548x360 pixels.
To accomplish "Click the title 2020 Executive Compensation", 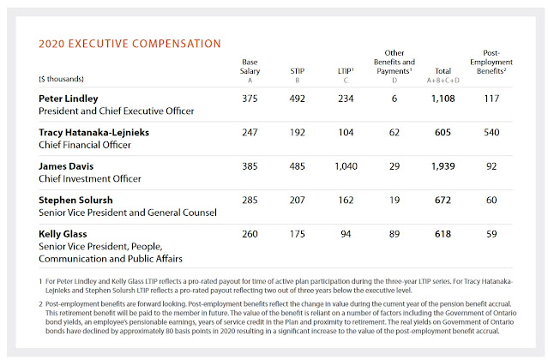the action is pyautogui.click(x=129, y=44).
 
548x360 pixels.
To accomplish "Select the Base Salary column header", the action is pyautogui.click(x=250, y=66).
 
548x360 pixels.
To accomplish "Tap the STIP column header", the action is pyautogui.click(x=297, y=71).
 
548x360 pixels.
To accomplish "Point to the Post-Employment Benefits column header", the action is pyautogui.click(x=491, y=62).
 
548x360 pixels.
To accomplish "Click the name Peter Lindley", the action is pyautogui.click(x=69, y=99).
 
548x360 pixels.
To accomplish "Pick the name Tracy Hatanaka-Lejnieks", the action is pyautogui.click(x=93, y=132).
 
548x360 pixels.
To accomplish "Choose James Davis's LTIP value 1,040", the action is pyautogui.click(x=346, y=166).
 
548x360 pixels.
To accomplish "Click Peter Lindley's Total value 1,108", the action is pyautogui.click(x=443, y=99).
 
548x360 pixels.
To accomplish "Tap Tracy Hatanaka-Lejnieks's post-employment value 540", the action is pyautogui.click(x=491, y=132).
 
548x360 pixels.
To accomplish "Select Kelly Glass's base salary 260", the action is pyautogui.click(x=250, y=234).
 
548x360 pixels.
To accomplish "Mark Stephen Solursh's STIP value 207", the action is pyautogui.click(x=297, y=200).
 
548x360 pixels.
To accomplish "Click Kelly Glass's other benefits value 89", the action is pyautogui.click(x=394, y=234).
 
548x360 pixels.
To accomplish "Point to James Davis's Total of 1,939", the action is pyautogui.click(x=443, y=166).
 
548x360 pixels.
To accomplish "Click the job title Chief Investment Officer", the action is pyautogui.click(x=90, y=179).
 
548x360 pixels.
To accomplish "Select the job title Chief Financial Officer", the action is pyautogui.click(x=85, y=145).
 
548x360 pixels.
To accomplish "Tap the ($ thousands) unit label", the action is pyautogui.click(x=61, y=79).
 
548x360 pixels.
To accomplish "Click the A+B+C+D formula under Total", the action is pyautogui.click(x=443, y=81).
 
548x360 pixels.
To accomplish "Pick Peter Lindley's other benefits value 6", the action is pyautogui.click(x=394, y=99).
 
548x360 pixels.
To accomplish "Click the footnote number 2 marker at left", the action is pyautogui.click(x=40, y=304).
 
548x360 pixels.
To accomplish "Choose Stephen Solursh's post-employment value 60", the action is pyautogui.click(x=491, y=200).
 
